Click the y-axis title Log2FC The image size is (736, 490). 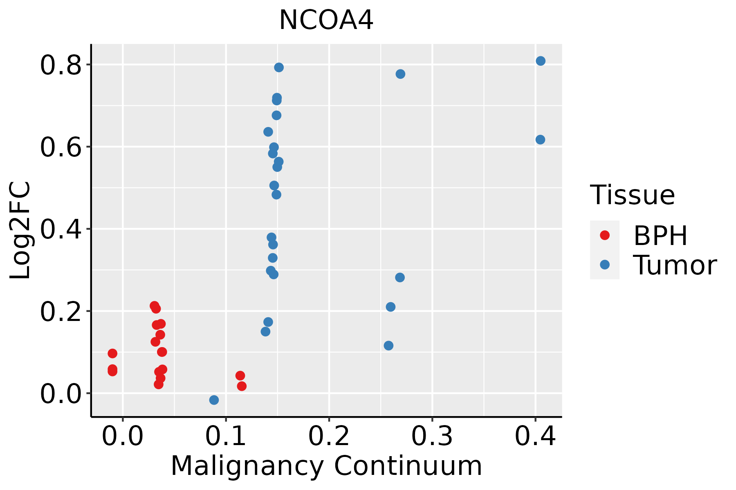coord(20,230)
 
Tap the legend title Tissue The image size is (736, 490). coord(632,195)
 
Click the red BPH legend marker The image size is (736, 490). coord(604,235)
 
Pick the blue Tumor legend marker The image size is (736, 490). coord(604,265)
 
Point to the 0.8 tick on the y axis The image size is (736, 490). coord(61,66)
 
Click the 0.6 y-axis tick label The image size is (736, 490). coord(61,147)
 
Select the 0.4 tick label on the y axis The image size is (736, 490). coord(61,230)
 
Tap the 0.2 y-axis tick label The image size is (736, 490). coord(61,312)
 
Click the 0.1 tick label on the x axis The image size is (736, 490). coord(226,437)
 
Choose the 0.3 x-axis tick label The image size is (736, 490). coord(432,437)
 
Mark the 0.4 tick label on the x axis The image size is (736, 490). coord(535,437)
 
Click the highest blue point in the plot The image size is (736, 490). coord(541,61)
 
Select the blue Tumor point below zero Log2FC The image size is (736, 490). coord(214,400)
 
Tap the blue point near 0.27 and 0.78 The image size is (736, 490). coord(400,74)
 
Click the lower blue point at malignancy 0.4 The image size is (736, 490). coord(540,140)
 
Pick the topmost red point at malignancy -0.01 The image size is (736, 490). coord(112,353)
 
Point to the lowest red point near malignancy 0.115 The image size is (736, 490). coord(242,386)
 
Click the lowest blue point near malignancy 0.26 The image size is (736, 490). coord(388,345)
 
